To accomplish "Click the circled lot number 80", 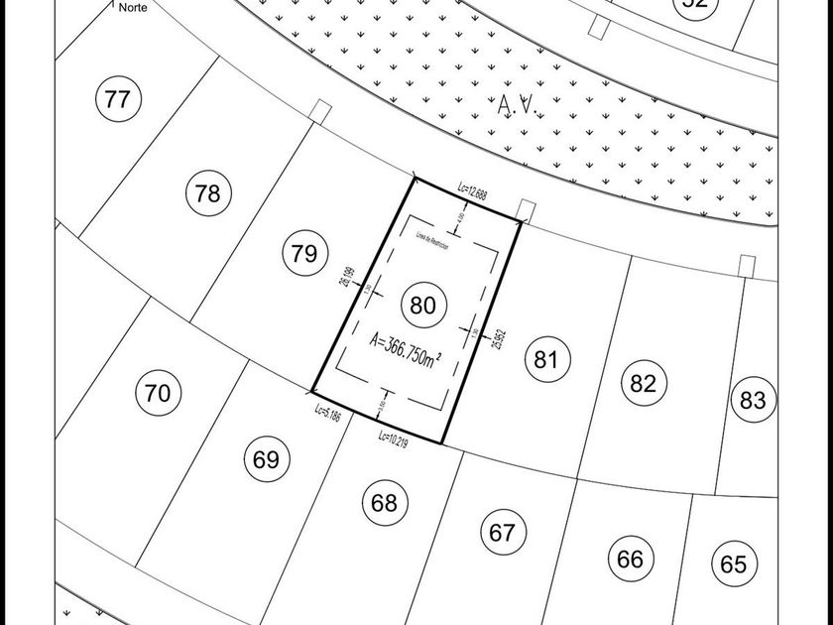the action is tap(422, 305).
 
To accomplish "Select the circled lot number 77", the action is tap(117, 99).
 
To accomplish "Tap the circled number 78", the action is tap(207, 193).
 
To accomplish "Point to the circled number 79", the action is tap(304, 254).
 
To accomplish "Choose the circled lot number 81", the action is tap(546, 359).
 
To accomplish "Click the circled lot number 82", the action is tap(644, 383).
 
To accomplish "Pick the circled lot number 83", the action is tap(753, 400).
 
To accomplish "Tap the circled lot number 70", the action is tap(157, 394).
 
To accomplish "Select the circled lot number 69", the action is tap(266, 459).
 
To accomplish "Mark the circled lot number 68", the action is tap(384, 502).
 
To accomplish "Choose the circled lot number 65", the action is tap(733, 564).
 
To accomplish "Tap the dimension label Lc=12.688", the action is tap(472, 190).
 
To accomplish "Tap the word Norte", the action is tap(134, 7).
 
